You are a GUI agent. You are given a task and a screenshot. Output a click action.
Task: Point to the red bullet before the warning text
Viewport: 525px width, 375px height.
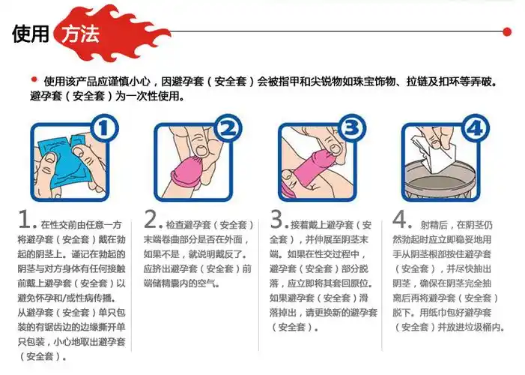[34, 79]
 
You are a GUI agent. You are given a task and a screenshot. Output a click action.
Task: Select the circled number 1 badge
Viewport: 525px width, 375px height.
[106, 128]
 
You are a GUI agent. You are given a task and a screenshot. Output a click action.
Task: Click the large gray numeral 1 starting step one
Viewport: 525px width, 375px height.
[25, 220]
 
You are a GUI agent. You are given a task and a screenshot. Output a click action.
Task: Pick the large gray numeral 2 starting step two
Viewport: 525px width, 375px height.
[152, 220]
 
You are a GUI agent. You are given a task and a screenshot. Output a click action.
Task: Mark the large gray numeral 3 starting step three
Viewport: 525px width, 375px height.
[278, 220]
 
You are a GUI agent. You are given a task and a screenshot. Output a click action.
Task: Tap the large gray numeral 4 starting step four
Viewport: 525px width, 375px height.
[401, 220]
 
